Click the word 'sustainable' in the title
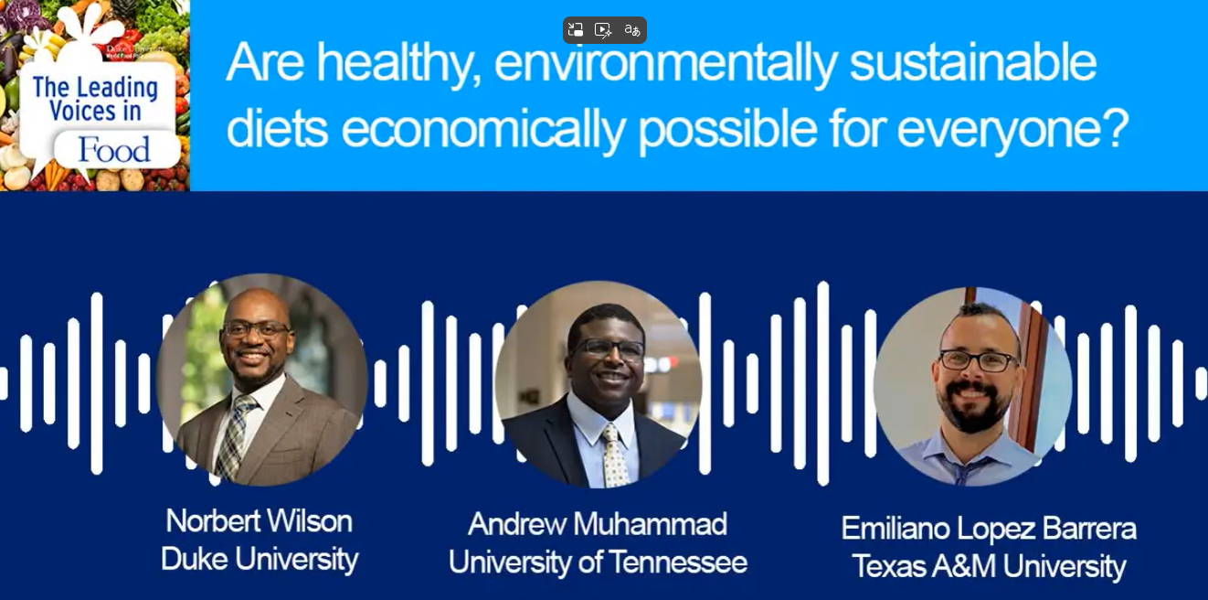pyautogui.click(x=973, y=64)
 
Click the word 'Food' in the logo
pyautogui.click(x=114, y=150)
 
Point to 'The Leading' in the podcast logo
pyautogui.click(x=95, y=89)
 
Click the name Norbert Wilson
pyautogui.click(x=259, y=521)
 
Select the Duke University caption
pyautogui.click(x=259, y=559)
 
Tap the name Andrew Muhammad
pyautogui.click(x=598, y=524)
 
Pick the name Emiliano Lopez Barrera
pyautogui.click(x=989, y=528)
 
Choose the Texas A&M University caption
pyautogui.click(x=989, y=566)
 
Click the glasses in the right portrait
pyautogui.click(x=978, y=360)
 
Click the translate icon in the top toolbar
pyautogui.click(x=631, y=30)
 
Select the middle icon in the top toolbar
pyautogui.click(x=603, y=30)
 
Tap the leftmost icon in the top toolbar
pyautogui.click(x=576, y=30)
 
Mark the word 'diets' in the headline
pyautogui.click(x=277, y=130)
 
